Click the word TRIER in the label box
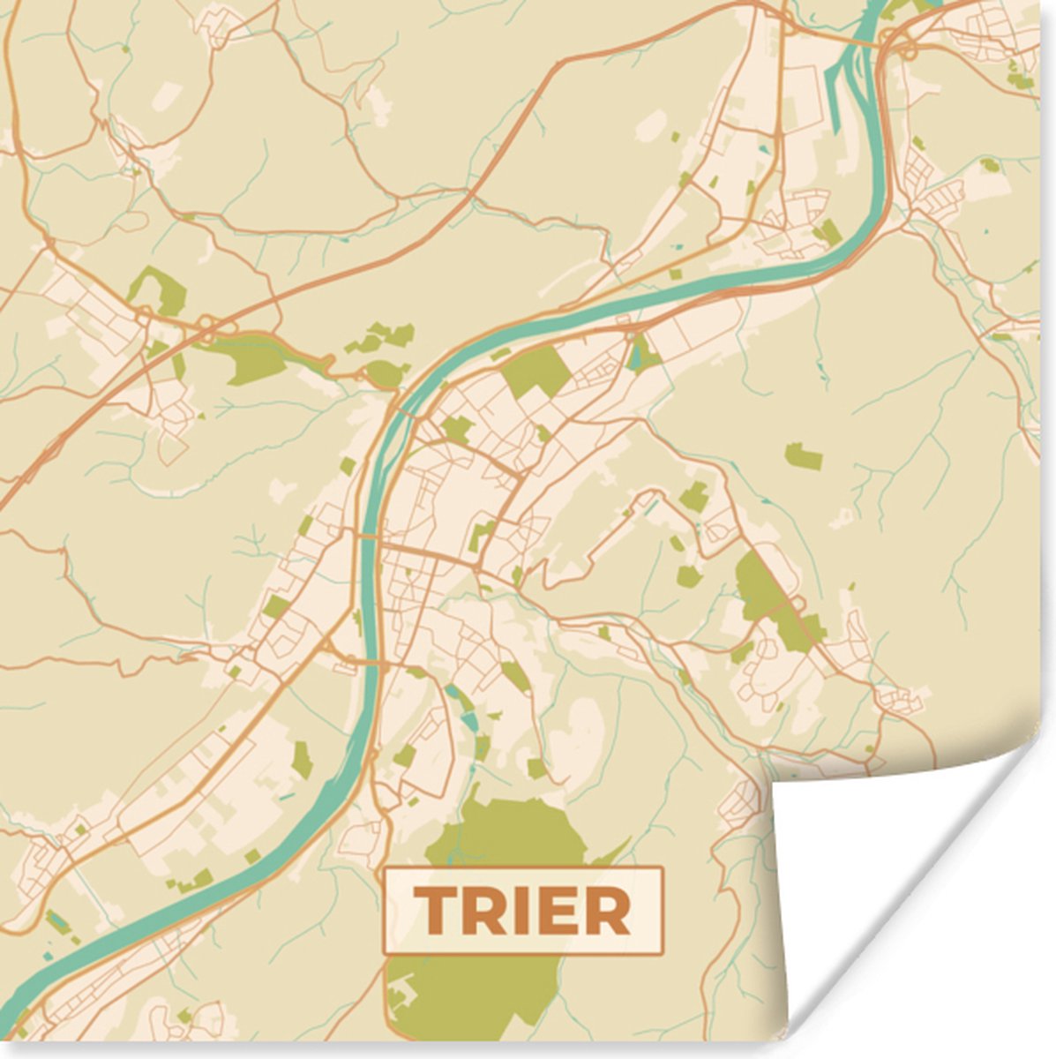(x=522, y=911)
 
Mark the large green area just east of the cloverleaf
(x=256, y=357)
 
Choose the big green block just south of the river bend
(x=536, y=371)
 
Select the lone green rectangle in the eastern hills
(x=803, y=456)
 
